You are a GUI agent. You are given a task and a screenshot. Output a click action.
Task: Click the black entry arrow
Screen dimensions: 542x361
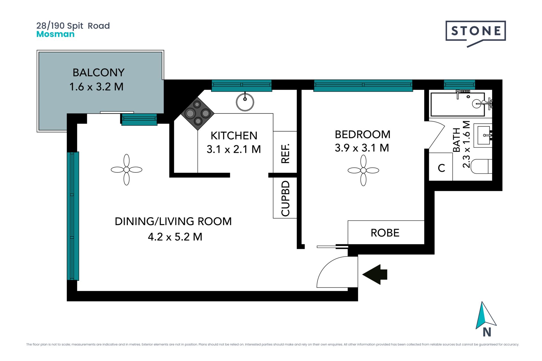click(375, 274)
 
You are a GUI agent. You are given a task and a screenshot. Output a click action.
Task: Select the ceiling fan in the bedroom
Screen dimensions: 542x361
click(363, 170)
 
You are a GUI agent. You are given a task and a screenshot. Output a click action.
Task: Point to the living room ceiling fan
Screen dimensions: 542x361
click(126, 170)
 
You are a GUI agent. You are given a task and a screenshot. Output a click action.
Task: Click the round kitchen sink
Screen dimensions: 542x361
click(245, 102)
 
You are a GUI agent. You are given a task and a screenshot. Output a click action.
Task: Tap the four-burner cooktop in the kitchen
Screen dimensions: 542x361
click(198, 113)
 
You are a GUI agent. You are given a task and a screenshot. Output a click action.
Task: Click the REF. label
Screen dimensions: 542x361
click(285, 153)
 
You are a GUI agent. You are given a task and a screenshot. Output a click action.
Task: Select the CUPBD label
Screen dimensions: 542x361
click(285, 199)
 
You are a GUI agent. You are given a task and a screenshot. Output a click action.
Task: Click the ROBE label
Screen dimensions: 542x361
click(385, 233)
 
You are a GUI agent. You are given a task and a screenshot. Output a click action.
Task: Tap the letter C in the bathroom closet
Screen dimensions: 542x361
click(441, 168)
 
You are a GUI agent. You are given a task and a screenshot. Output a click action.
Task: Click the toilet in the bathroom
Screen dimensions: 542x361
click(482, 166)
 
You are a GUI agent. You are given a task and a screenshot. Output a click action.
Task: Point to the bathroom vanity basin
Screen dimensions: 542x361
click(484, 135)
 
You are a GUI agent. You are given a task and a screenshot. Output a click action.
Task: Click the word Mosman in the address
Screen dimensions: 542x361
click(55, 34)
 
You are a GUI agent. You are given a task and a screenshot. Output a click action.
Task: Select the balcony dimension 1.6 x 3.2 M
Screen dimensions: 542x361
click(97, 87)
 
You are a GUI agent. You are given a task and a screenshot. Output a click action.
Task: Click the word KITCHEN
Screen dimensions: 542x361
click(234, 136)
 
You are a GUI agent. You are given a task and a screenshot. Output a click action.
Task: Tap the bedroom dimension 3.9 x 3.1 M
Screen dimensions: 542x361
click(362, 148)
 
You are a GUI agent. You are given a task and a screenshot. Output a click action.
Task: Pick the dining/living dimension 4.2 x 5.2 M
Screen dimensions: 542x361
click(175, 237)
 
